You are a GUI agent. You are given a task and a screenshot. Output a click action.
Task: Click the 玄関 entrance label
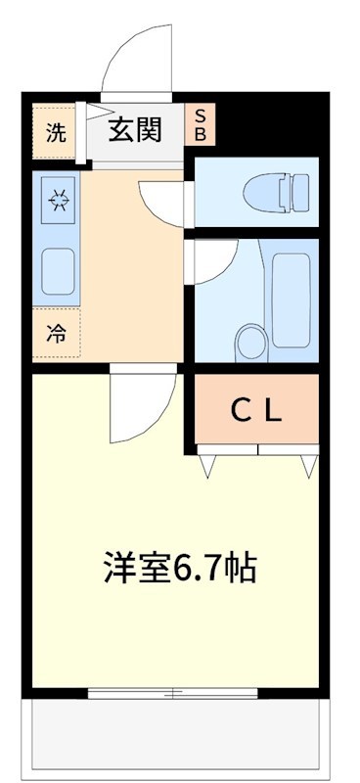pos(135,128)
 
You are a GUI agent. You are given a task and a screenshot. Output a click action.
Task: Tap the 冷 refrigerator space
pos(56,334)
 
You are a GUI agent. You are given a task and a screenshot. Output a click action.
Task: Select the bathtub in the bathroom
pos(291,294)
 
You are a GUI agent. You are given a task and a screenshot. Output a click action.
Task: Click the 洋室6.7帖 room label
pos(181,567)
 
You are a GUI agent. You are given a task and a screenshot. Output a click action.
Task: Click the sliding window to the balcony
pos(173,693)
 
